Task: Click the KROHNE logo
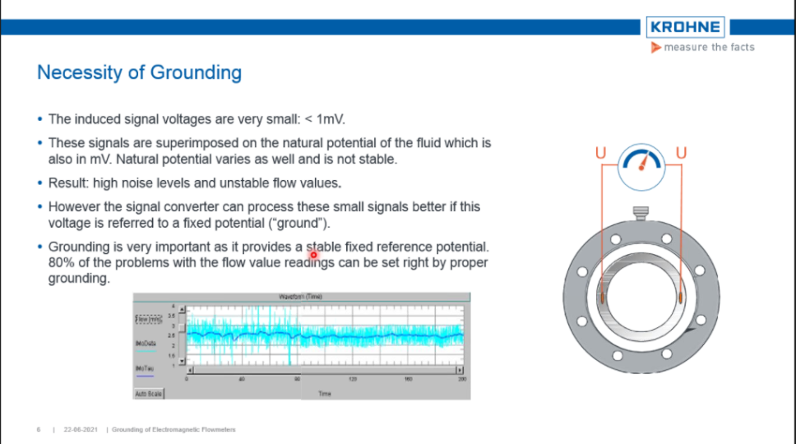(684, 27)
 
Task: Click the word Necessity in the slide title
(77, 72)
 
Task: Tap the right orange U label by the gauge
(680, 153)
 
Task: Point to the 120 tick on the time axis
(353, 379)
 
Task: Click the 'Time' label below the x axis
(325, 394)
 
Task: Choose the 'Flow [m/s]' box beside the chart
(148, 318)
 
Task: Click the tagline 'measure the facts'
(708, 48)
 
